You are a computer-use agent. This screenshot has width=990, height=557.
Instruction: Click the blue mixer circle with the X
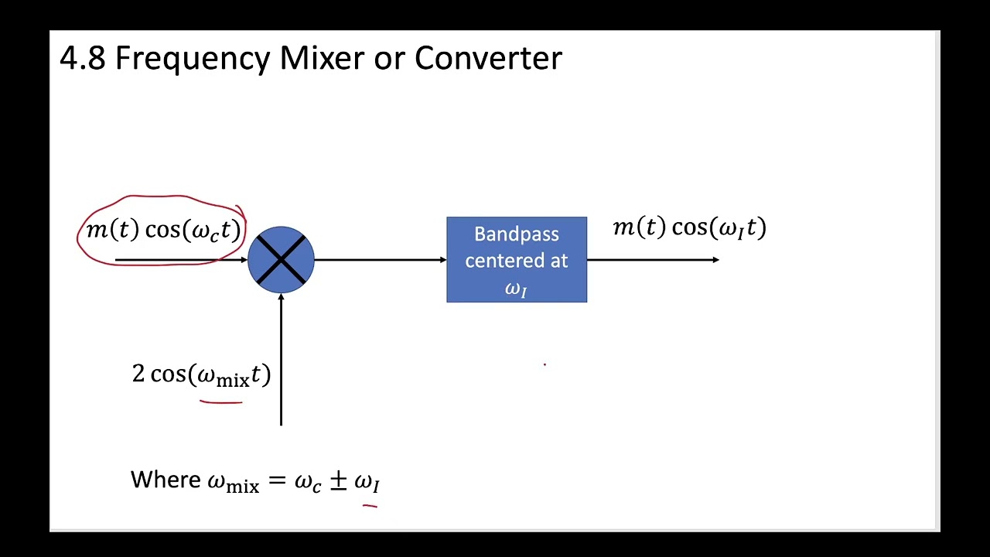click(x=281, y=259)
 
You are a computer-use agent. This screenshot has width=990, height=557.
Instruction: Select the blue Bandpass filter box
click(x=517, y=260)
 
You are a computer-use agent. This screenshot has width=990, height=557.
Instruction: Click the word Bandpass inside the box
click(x=516, y=234)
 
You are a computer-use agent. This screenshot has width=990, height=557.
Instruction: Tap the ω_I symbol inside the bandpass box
click(x=516, y=289)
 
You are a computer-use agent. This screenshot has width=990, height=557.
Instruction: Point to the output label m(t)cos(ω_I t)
click(x=689, y=227)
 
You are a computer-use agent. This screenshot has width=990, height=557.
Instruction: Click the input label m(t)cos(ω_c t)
click(x=163, y=231)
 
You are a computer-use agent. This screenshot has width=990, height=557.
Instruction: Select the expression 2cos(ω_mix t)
click(x=201, y=375)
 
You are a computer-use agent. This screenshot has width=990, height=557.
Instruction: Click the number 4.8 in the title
click(x=82, y=59)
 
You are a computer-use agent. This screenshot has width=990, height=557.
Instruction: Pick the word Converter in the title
click(x=488, y=59)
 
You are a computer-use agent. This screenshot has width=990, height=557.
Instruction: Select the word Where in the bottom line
click(x=166, y=480)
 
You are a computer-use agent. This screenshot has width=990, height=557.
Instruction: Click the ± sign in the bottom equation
click(x=338, y=480)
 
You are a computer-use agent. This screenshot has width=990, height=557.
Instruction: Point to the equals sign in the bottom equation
click(x=276, y=481)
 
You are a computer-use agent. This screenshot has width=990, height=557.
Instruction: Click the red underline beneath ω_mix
click(x=221, y=402)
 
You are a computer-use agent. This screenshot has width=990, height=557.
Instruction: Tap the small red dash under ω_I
click(x=370, y=506)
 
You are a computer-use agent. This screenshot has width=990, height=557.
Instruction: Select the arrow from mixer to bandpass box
click(x=379, y=260)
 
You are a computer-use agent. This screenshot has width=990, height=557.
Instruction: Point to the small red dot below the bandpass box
click(x=544, y=364)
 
